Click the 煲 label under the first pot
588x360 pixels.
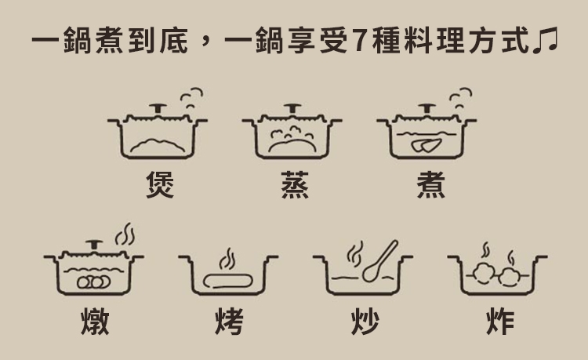[160, 184]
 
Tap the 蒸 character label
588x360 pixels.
[295, 184]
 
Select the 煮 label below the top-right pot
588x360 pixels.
[431, 184]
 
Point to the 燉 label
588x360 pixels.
[95, 322]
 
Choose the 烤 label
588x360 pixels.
[230, 322]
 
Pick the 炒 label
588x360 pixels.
[365, 322]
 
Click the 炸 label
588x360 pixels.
[500, 322]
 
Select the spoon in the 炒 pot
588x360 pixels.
[379, 261]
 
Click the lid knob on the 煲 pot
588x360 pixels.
[158, 109]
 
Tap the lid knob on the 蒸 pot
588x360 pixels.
[292, 109]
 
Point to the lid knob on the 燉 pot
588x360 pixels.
[94, 245]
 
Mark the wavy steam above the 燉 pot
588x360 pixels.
[125, 235]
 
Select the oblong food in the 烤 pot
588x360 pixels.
[227, 281]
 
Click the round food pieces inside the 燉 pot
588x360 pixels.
[94, 282]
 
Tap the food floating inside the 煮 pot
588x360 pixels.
[426, 145]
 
